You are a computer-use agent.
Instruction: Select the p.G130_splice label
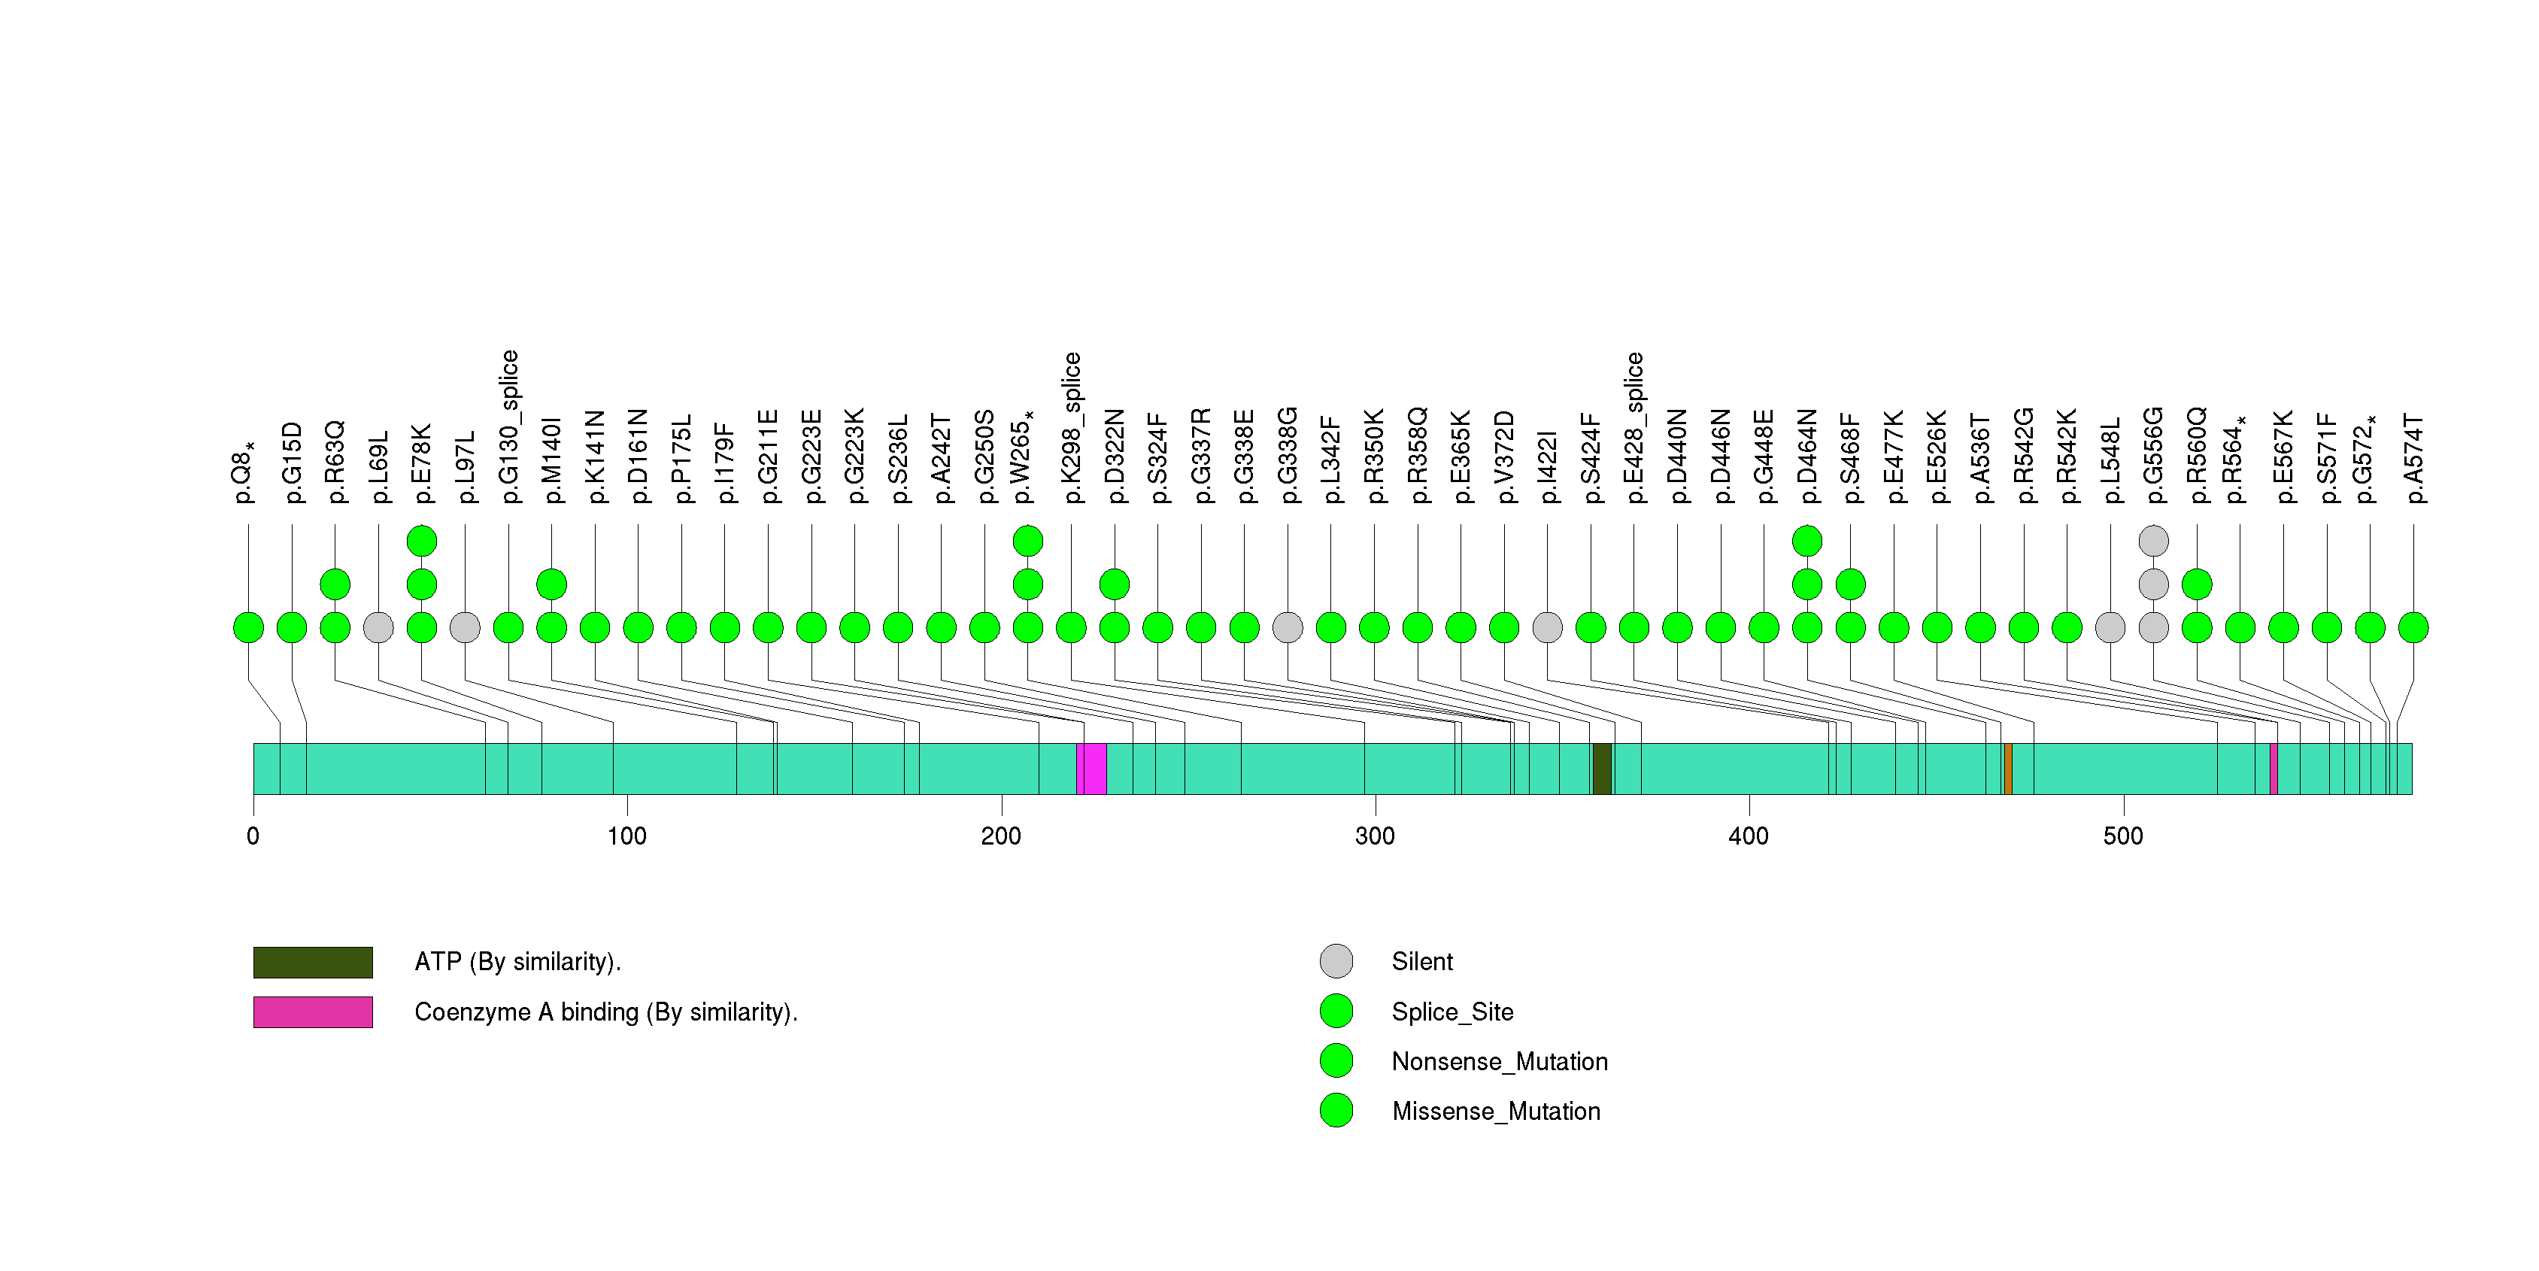coord(508,426)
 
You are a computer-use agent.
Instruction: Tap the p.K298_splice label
coord(1072,426)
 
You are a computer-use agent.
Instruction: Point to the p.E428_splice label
coord(1634,426)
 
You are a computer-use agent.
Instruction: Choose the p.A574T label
coord(2413,458)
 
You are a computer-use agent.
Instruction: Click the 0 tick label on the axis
coord(253,836)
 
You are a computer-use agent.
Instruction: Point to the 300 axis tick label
coord(1374,836)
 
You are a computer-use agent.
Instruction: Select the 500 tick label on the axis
coord(2122,836)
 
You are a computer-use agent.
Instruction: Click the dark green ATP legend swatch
coord(312,962)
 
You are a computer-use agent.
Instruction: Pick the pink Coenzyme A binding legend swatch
coord(312,1012)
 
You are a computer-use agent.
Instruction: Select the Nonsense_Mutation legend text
coord(1499,1061)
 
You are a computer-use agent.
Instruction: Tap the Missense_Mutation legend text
coord(1495,1112)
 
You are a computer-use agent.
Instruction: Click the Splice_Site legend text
coord(1452,1012)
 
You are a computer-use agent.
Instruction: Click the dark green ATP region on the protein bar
coord(1602,769)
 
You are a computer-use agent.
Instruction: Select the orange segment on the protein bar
coord(2008,769)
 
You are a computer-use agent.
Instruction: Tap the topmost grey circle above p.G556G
coord(2154,540)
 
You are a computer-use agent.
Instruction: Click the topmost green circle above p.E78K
coord(422,540)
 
